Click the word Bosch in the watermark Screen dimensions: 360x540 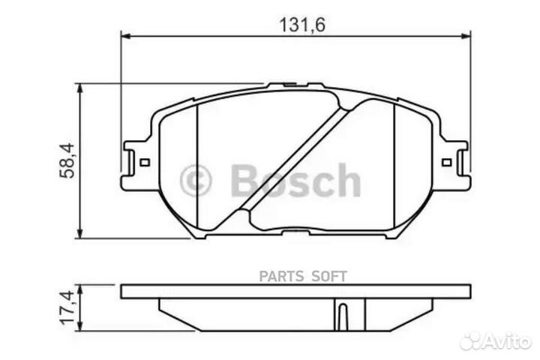coord(295,181)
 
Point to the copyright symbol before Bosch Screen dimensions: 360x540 coord(197,180)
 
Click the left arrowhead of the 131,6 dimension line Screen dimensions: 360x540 coord(126,35)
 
